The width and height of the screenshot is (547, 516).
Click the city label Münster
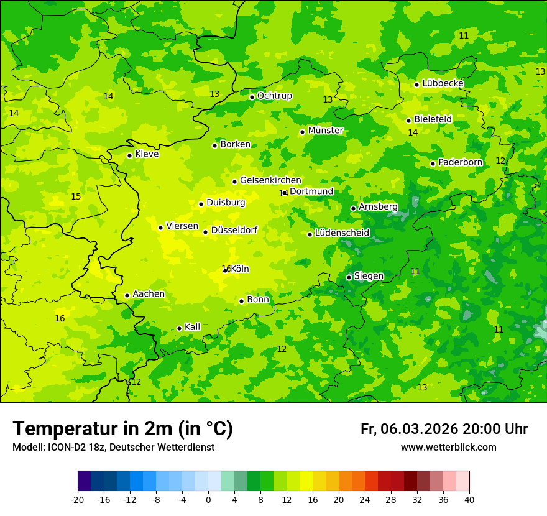pos(326,131)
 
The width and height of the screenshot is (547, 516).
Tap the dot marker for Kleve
pos(129,155)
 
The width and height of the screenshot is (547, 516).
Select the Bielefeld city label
pos(433,119)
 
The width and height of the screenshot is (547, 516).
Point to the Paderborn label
pos(460,162)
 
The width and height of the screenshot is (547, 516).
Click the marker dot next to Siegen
pos(349,277)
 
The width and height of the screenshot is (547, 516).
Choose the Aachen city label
pos(149,293)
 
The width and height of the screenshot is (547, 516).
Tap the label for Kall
pos(192,327)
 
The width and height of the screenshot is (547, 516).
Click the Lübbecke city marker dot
pos(416,85)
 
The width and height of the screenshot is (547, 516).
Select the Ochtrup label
pos(274,96)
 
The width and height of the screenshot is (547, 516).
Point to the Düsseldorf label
pos(234,230)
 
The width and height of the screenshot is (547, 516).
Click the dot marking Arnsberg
pos(353,208)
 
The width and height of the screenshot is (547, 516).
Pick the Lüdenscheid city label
pos(342,233)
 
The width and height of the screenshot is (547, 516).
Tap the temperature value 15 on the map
pos(76,196)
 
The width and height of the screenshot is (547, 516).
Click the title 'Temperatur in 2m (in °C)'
pos(122,428)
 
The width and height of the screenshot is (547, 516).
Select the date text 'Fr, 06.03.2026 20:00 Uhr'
pos(444,429)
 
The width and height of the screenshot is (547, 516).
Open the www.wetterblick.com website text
pos(448,447)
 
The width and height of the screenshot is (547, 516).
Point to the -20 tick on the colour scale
pos(78,499)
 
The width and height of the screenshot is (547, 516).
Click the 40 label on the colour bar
pos(469,499)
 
